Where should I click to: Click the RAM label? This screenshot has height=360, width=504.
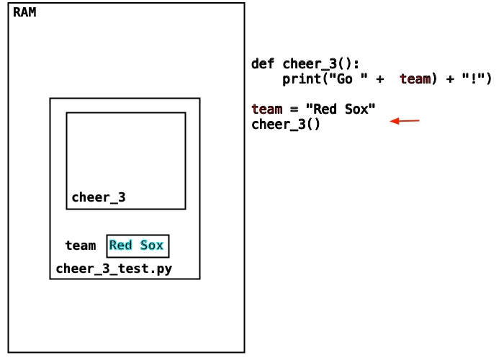click(x=24, y=12)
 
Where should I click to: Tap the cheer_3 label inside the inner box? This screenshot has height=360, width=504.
click(x=99, y=197)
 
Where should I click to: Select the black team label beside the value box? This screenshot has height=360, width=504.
click(x=81, y=246)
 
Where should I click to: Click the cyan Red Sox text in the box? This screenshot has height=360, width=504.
click(x=136, y=246)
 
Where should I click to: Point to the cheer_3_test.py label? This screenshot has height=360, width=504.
click(x=114, y=269)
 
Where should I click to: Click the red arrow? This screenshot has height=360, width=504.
click(x=405, y=121)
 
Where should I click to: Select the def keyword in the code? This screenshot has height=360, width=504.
click(x=263, y=63)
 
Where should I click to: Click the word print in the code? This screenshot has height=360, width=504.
click(x=302, y=79)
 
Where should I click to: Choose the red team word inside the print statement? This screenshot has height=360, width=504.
click(x=415, y=78)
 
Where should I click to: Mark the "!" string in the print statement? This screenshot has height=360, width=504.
click(x=473, y=78)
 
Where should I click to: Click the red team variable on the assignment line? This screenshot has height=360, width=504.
click(x=266, y=109)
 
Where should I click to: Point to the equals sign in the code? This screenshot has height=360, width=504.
click(x=294, y=109)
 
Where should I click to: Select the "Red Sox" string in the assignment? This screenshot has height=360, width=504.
click(x=341, y=109)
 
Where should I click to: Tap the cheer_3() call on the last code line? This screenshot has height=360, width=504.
click(x=285, y=125)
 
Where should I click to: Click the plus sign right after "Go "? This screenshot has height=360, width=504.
click(x=379, y=79)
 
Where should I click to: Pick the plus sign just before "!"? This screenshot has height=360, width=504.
click(x=450, y=79)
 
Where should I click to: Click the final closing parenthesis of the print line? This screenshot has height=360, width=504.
click(x=489, y=78)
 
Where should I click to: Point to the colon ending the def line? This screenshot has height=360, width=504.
click(x=356, y=65)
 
